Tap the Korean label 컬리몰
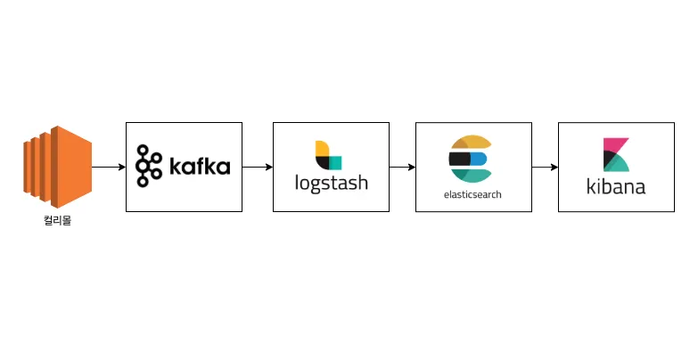[57, 220]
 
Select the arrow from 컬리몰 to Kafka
[108, 167]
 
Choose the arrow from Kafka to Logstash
[257, 167]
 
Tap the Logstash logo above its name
[328, 155]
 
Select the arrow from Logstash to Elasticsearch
[402, 167]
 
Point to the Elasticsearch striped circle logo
[469, 160]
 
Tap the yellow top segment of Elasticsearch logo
[472, 143]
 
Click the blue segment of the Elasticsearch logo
[479, 160]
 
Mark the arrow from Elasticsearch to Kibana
[545, 167]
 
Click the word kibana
[616, 187]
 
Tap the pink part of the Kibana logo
[613, 144]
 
